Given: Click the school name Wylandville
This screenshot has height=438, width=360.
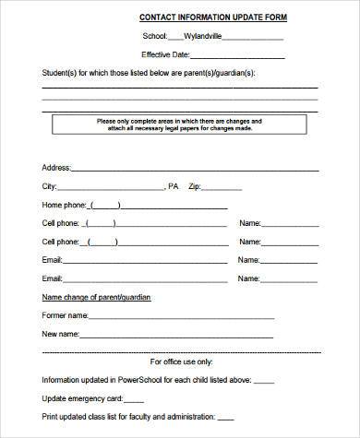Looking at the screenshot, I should (x=203, y=37).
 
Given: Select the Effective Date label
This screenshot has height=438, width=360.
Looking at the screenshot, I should (x=193, y=54).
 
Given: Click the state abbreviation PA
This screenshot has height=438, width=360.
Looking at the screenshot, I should (x=174, y=186).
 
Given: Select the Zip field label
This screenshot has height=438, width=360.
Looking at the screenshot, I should (x=194, y=186).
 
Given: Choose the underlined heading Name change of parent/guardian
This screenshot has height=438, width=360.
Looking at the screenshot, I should (x=97, y=298).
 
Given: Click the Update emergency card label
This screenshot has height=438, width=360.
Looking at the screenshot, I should (x=80, y=399).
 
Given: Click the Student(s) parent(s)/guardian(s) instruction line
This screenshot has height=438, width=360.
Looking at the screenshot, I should (x=148, y=73).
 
